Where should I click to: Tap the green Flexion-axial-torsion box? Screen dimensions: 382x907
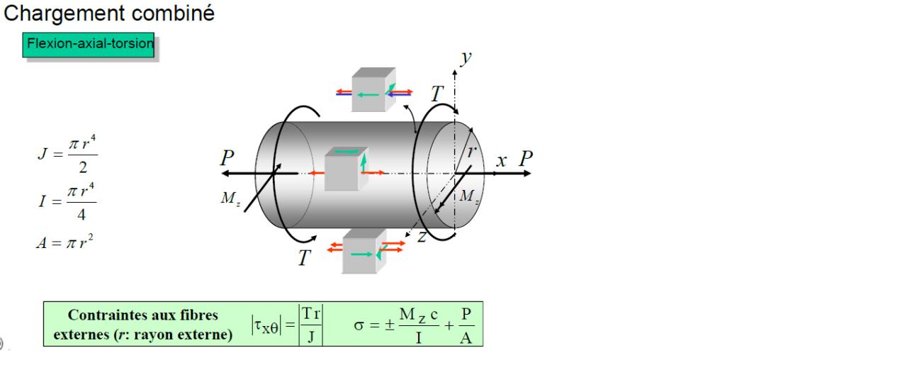90,45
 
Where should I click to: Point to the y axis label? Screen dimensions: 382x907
465,58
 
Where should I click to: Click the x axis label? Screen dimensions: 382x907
502,160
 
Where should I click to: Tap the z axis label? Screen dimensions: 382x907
422,237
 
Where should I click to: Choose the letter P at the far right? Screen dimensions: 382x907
525,159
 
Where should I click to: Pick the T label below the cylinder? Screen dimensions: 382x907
303,258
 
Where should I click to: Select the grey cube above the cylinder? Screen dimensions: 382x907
373,89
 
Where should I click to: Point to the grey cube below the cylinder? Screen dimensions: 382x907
363,252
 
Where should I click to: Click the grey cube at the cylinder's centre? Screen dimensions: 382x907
345,169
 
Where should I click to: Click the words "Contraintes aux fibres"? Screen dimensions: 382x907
142,315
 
